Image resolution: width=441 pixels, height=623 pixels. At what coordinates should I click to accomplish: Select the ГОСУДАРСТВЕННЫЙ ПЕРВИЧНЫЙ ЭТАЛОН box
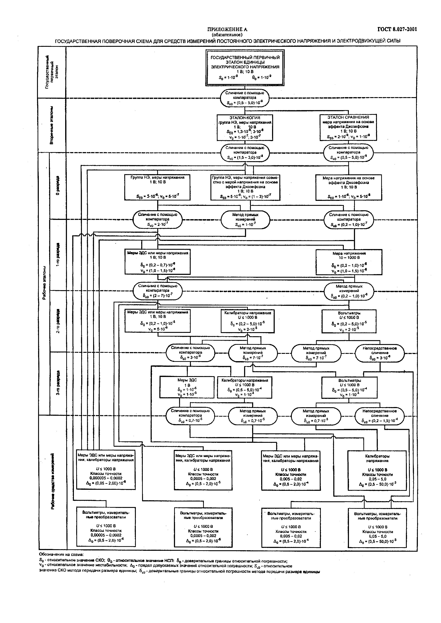(245, 68)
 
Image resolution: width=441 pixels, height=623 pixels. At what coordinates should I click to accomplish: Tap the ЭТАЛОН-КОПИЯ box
(245, 127)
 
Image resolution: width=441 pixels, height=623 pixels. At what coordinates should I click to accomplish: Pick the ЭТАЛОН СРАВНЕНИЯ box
(348, 127)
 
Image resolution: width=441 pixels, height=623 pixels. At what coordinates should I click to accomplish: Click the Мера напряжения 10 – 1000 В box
(349, 262)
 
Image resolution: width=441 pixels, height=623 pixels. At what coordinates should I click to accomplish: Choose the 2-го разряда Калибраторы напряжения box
(247, 321)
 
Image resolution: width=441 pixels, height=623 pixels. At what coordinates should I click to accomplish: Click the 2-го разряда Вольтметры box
(349, 321)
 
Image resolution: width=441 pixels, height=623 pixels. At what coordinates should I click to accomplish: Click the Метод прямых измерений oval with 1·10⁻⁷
(245, 220)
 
